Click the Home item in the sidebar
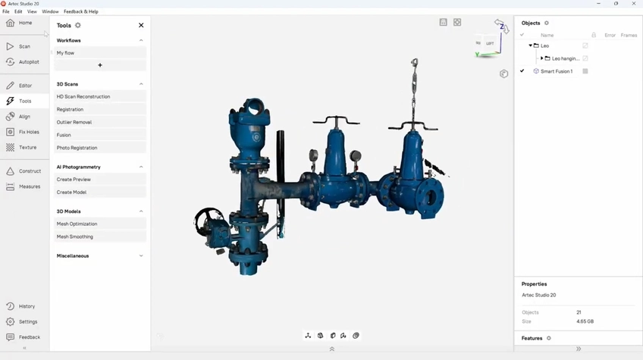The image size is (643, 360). click(19, 23)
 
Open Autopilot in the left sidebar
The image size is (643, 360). click(23, 62)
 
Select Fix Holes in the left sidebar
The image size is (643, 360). click(23, 132)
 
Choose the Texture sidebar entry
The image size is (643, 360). click(22, 148)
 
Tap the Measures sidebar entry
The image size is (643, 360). click(24, 186)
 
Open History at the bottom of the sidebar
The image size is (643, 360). click(21, 306)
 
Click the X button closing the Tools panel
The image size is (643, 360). click(141, 26)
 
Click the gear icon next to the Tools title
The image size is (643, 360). click(78, 26)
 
